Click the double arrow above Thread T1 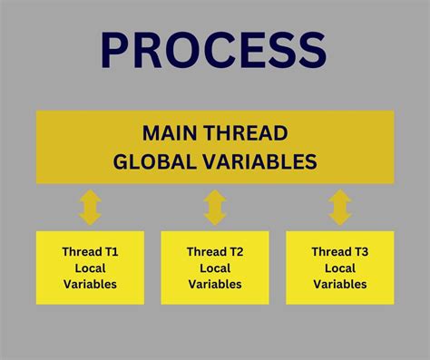[90, 207]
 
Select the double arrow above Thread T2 [215, 207]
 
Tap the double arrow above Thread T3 [340, 207]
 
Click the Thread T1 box [90, 267]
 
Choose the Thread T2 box [215, 267]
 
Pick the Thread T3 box [340, 267]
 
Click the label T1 [110, 251]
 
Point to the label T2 [235, 251]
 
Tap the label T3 [360, 251]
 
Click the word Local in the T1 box [90, 268]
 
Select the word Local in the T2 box [215, 268]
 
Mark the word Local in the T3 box [340, 268]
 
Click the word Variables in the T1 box [90, 284]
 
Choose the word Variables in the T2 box [215, 284]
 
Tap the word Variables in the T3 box [340, 284]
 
